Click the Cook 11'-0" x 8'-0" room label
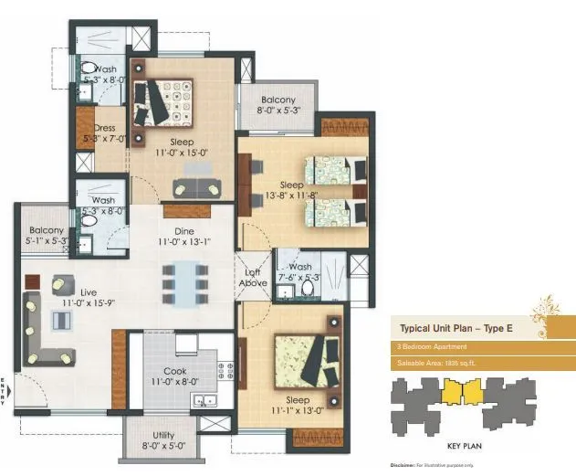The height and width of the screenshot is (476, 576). [174, 376]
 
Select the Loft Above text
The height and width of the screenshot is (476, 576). [253, 277]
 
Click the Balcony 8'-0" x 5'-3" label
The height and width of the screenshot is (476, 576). [278, 105]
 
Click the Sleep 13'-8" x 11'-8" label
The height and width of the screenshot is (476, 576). [292, 190]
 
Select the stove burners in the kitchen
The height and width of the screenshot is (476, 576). [225, 370]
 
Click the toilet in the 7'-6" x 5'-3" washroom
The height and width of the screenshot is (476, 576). [309, 288]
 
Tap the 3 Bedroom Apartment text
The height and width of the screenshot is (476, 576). [434, 347]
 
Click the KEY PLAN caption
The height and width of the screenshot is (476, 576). [466, 447]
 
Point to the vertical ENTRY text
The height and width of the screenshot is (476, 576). [5, 391]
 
